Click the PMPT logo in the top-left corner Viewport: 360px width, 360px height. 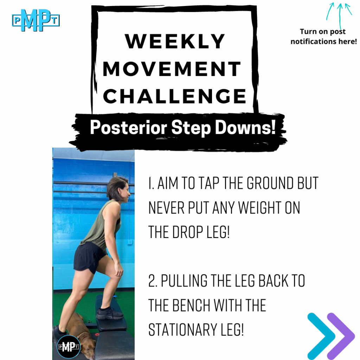[x=36, y=20]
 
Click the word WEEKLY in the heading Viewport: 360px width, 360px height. [x=175, y=41]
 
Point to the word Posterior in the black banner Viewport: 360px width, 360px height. [x=129, y=128]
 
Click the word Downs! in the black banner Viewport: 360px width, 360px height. [x=245, y=127]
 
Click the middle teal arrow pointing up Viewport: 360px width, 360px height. [x=340, y=16]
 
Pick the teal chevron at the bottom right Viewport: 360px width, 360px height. [x=321, y=336]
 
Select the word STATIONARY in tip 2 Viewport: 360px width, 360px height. [x=182, y=330]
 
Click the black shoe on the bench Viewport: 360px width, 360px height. [x=109, y=313]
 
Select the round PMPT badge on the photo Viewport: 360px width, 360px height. [x=69, y=347]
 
